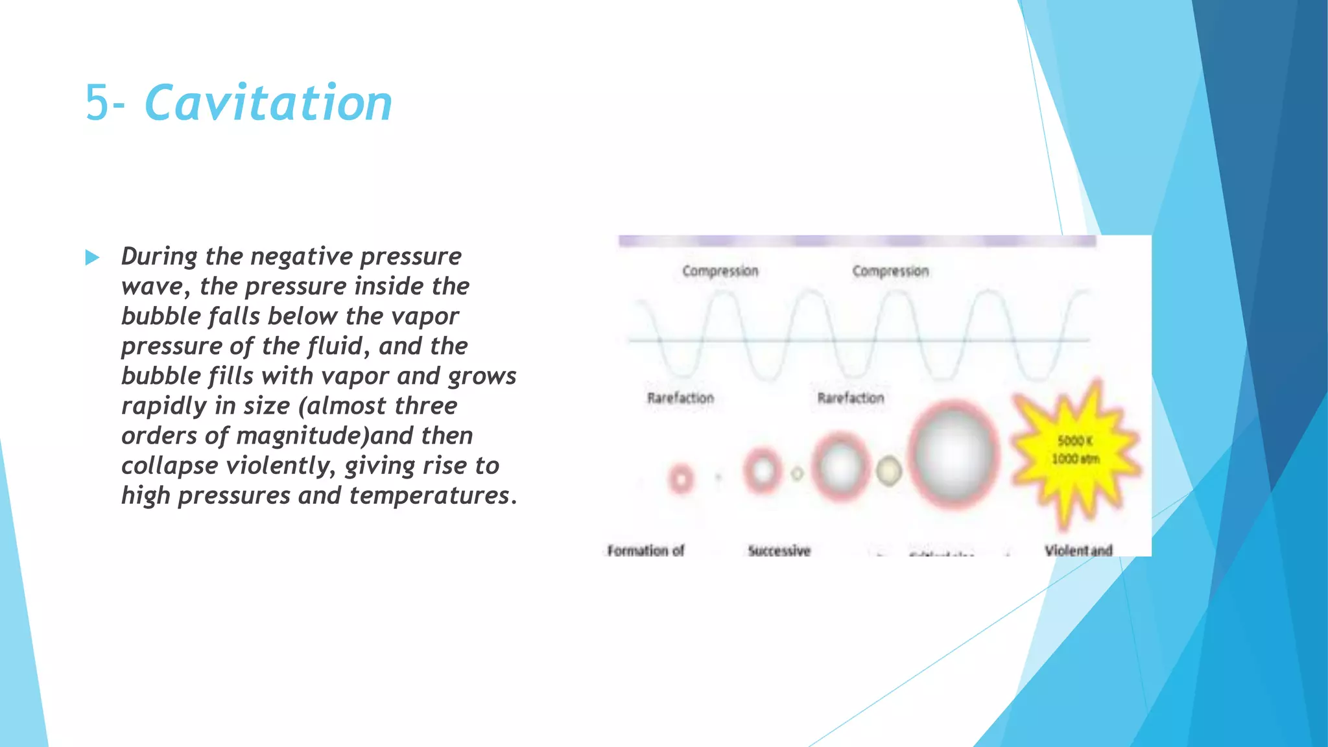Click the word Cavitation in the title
tap(268, 103)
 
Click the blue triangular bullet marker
tap(92, 257)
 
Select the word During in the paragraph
tap(159, 257)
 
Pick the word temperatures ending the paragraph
tap(429, 495)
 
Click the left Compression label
tap(720, 271)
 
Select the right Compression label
tap(890, 271)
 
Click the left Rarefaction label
tap(680, 397)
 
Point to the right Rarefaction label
tap(850, 397)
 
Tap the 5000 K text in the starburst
tap(1075, 441)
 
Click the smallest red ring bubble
tap(681, 480)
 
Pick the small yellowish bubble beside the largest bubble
tap(889, 471)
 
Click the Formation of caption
tap(646, 551)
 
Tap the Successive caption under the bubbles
tap(779, 551)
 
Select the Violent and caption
tap(1078, 551)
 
